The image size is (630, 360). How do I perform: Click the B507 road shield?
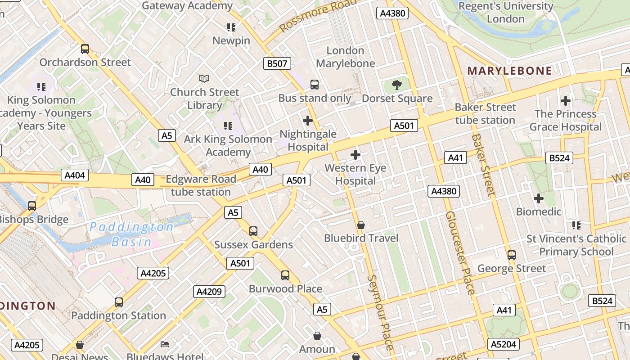click(277, 63)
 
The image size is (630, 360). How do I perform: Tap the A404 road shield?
click(75, 175)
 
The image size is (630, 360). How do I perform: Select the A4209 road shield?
click(209, 292)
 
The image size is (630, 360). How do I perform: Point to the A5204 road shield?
click(504, 344)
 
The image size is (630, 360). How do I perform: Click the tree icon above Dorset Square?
click(396, 85)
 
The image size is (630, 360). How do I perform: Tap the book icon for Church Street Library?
click(204, 78)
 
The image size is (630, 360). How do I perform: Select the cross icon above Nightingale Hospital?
click(308, 121)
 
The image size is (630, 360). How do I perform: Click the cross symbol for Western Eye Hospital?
click(355, 155)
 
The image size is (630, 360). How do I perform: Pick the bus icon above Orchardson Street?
click(85, 49)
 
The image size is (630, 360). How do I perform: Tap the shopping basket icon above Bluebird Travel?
click(361, 225)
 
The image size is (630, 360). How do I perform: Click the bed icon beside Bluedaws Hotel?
click(165, 344)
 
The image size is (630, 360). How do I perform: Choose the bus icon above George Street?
click(512, 255)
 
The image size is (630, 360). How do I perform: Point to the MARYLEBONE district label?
click(509, 71)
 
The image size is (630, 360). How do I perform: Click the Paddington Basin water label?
click(131, 234)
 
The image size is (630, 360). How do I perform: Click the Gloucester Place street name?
click(460, 252)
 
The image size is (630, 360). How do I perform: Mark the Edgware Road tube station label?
click(201, 185)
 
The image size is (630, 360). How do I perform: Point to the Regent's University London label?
click(506, 12)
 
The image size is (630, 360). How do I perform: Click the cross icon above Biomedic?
click(539, 198)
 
